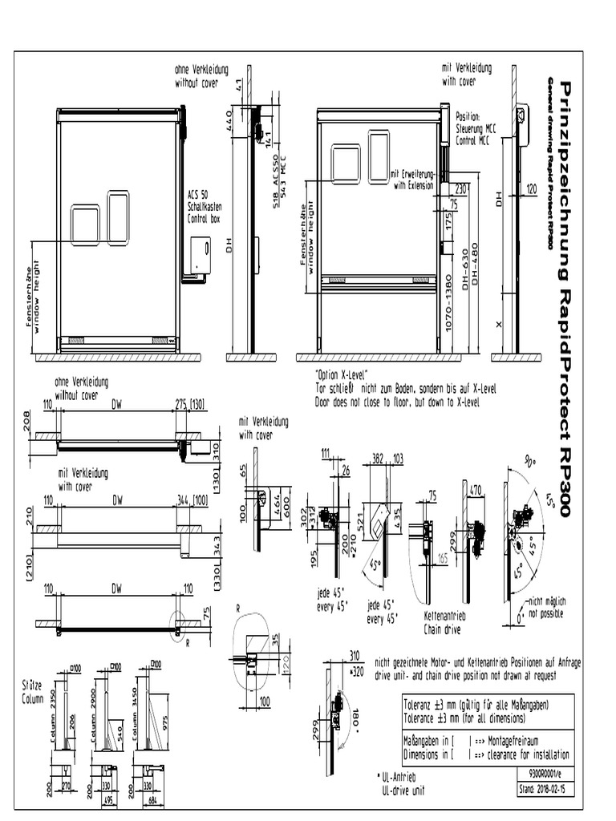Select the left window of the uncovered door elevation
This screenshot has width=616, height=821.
tap(85, 224)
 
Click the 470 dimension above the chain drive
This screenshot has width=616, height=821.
tap(475, 489)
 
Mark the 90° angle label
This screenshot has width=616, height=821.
tap(529, 463)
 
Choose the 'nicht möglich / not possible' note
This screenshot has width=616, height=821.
tap(547, 606)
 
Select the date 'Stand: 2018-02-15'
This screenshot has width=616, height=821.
tap(547, 789)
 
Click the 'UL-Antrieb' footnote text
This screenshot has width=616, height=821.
tap(405, 779)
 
